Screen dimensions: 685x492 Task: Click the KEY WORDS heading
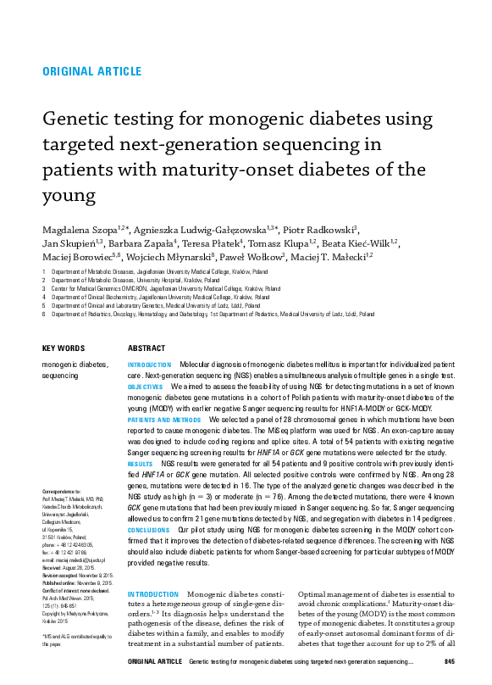pyautogui.click(x=64, y=348)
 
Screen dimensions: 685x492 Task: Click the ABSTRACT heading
pyautogui.click(x=146, y=348)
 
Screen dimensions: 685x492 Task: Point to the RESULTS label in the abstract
pyautogui.click(x=140, y=465)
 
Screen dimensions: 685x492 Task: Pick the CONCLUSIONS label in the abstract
pyautogui.click(x=148, y=529)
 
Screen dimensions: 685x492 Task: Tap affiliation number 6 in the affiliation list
pyautogui.click(x=43, y=314)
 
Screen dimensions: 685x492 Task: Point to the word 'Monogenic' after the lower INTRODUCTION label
pyautogui.click(x=211, y=595)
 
